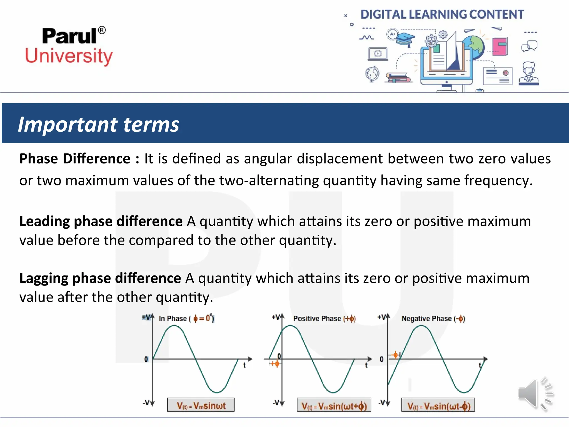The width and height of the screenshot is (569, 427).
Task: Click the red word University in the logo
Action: click(69, 56)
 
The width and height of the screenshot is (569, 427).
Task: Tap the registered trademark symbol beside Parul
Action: click(102, 30)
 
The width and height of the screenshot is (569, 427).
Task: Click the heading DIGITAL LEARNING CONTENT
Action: click(442, 14)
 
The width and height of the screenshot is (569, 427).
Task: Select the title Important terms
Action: click(99, 124)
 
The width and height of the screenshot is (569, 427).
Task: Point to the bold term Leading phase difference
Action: click(101, 221)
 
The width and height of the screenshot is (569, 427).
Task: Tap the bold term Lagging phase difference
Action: click(100, 278)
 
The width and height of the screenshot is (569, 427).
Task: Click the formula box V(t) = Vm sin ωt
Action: click(201, 405)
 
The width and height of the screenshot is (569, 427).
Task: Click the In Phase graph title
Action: click(186, 318)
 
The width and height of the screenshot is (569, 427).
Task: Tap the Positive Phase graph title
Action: click(324, 318)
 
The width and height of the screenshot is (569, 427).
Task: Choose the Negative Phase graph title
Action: click(433, 318)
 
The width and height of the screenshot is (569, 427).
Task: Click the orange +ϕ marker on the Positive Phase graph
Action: click(275, 364)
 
